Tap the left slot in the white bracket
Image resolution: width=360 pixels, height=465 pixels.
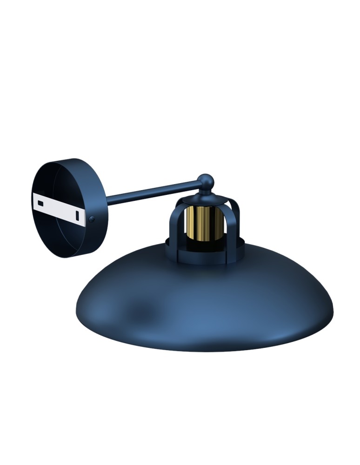(41, 203)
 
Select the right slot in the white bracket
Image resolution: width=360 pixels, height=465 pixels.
(78, 215)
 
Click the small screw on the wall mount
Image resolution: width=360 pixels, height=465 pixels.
(92, 219)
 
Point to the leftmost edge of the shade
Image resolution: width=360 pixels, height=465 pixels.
(76, 309)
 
